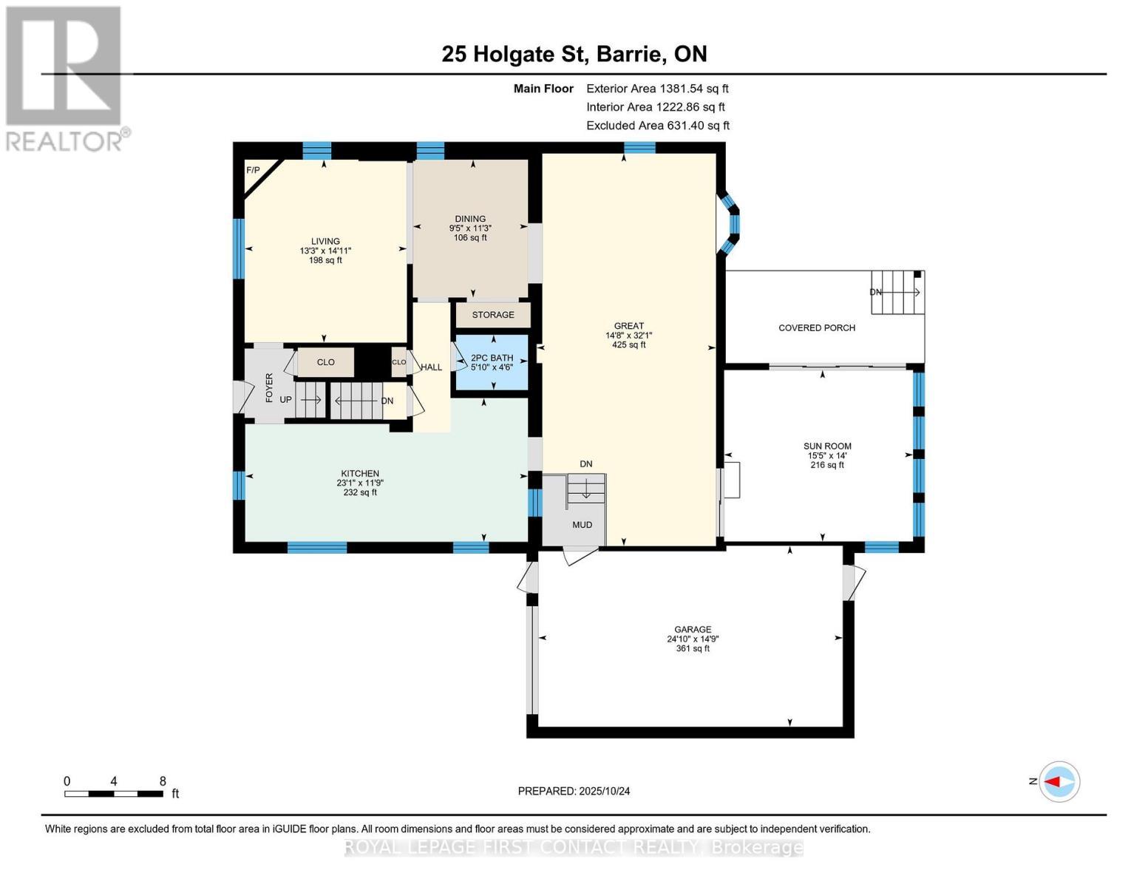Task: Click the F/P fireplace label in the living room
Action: [x=253, y=170]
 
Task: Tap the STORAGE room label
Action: [x=493, y=315]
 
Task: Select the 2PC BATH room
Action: [x=492, y=362]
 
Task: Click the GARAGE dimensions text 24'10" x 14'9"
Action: [x=693, y=639]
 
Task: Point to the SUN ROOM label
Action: [x=827, y=446]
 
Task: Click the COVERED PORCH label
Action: [x=817, y=327]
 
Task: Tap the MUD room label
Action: [x=582, y=525]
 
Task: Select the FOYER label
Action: [x=269, y=388]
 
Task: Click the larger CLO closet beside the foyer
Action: [x=325, y=362]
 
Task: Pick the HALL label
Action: [x=431, y=367]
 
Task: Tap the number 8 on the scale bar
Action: [x=163, y=781]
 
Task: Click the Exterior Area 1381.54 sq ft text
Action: [x=657, y=88]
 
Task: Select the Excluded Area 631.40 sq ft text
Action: [x=657, y=125]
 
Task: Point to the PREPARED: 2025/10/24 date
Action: [x=574, y=791]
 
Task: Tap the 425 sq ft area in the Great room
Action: [x=628, y=344]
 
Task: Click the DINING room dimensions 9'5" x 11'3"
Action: [x=470, y=228]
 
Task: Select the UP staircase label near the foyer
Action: [x=286, y=400]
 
